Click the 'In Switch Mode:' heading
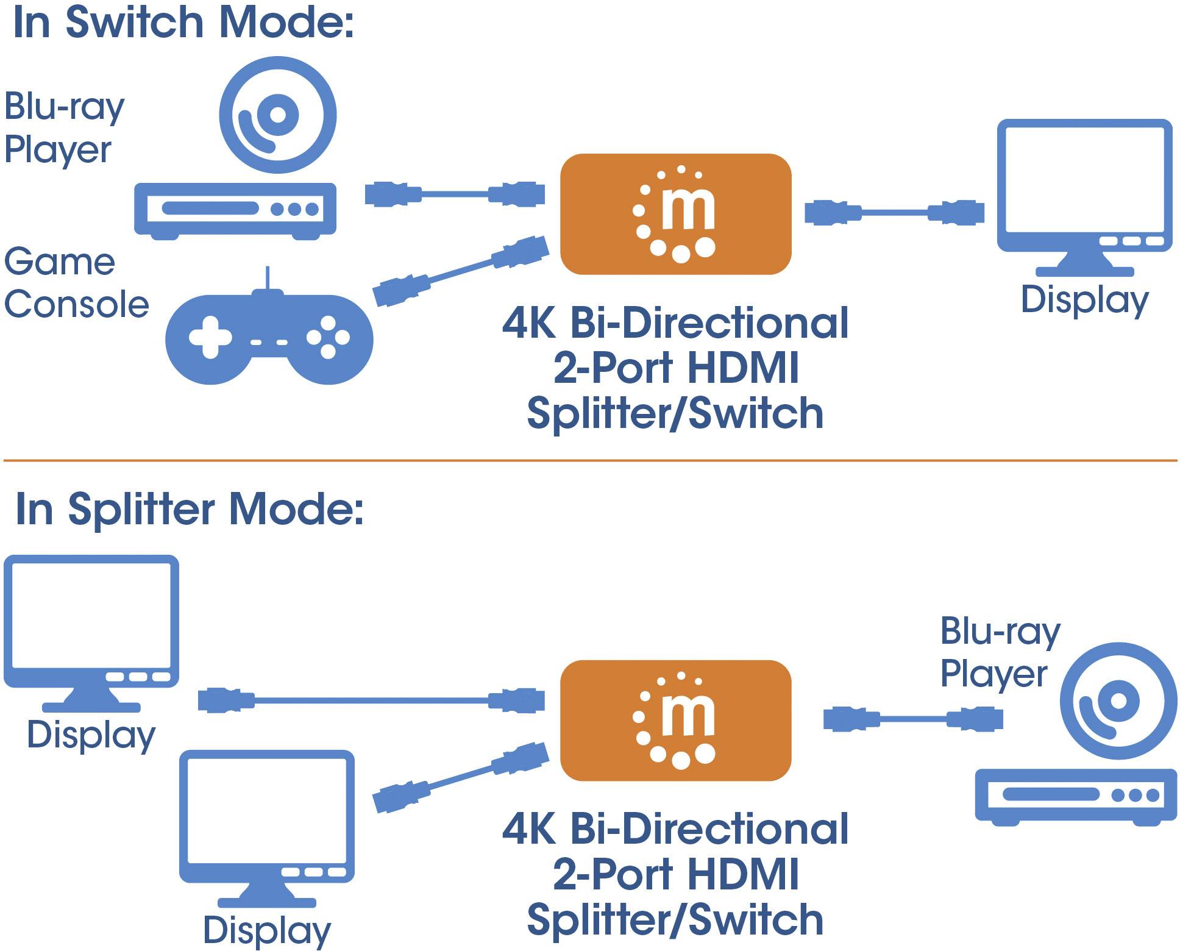pyautogui.click(x=183, y=23)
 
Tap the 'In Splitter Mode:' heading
pyautogui.click(x=189, y=509)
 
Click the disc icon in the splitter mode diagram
pyautogui.click(x=1118, y=701)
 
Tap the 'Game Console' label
pyautogui.click(x=76, y=283)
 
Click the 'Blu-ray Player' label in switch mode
pyautogui.click(x=64, y=128)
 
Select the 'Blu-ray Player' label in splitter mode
pyautogui.click(x=1000, y=652)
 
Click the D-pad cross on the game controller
pyautogui.click(x=210, y=337)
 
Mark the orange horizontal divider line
pyautogui.click(x=590, y=461)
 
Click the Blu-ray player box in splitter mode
pyautogui.click(x=1075, y=796)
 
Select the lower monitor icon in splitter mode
pyautogui.click(x=267, y=820)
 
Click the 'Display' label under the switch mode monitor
pyautogui.click(x=1084, y=300)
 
